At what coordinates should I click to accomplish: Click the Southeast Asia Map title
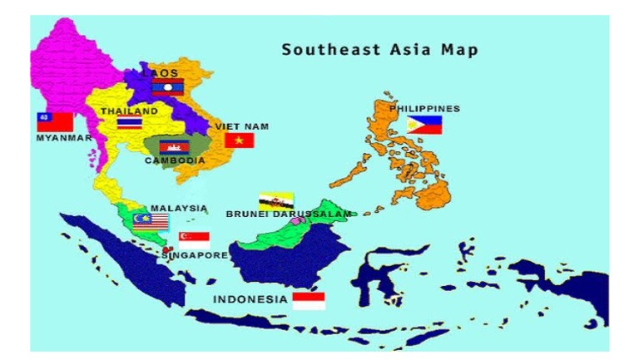pos(379,50)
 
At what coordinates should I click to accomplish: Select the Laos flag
pos(167,87)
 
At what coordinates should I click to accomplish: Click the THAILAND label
pos(129,111)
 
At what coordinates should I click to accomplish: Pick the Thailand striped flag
pos(129,124)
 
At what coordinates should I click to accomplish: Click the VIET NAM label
pos(242,126)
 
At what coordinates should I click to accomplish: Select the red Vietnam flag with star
pos(239,141)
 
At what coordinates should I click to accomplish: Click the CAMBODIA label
pos(175,160)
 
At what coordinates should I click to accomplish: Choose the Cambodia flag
pos(171,147)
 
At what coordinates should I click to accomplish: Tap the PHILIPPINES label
pos(424,109)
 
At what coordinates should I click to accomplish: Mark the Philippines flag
pos(424,125)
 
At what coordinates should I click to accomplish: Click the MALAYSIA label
pos(179,209)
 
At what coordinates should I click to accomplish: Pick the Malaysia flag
pos(150,221)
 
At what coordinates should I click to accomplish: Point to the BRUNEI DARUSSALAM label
pos(289,214)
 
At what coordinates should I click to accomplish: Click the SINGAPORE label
pos(195,255)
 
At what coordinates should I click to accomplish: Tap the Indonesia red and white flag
pos(309,300)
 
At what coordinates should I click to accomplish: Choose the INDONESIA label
pos(250,299)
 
